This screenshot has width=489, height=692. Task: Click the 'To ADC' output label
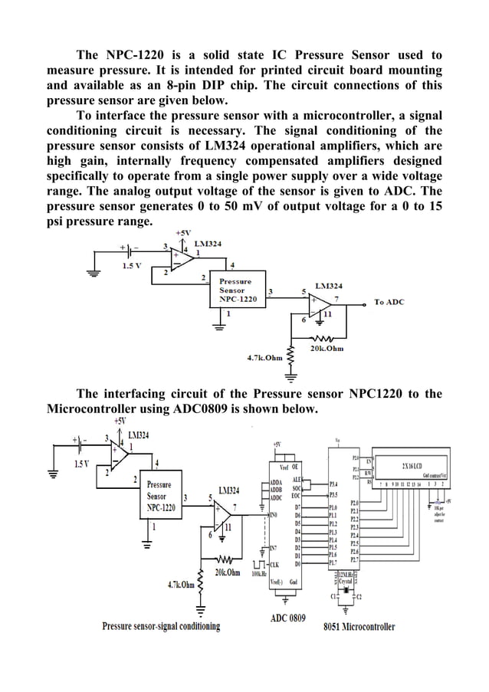[389, 302]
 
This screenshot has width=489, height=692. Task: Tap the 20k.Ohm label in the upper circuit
[327, 349]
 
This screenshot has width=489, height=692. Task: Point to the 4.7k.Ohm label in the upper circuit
[264, 357]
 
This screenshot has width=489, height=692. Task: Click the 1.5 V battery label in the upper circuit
[133, 265]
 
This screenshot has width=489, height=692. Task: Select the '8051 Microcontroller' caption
[359, 626]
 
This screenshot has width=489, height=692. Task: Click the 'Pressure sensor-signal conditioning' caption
[162, 626]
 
